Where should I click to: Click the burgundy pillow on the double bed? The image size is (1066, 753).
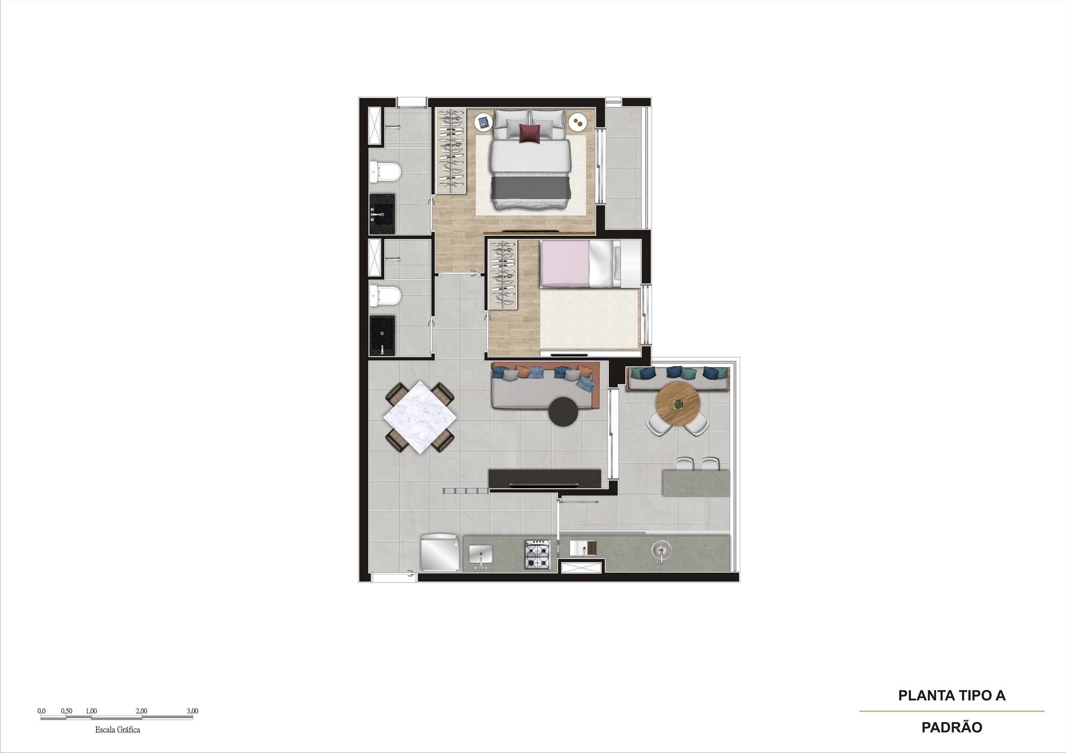pyautogui.click(x=529, y=133)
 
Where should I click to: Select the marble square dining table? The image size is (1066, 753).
pyautogui.click(x=420, y=416)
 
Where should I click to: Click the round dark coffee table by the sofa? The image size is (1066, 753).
pyautogui.click(x=564, y=411)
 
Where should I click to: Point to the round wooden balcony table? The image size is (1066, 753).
pyautogui.click(x=678, y=404)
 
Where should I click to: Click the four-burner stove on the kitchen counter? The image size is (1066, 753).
pyautogui.click(x=537, y=554)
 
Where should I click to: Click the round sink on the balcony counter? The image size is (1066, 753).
pyautogui.click(x=661, y=550)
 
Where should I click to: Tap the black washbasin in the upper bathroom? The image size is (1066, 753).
pyautogui.click(x=382, y=214)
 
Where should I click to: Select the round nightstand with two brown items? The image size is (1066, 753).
pyautogui.click(x=578, y=122)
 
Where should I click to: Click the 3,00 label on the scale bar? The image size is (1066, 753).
pyautogui.click(x=192, y=711)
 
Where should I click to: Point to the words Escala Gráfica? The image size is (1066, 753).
pyautogui.click(x=117, y=729)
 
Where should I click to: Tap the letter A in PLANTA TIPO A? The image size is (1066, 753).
pyautogui.click(x=1000, y=695)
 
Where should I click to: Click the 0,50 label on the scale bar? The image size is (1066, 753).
pyautogui.click(x=67, y=711)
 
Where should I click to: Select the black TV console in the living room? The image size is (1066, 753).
pyautogui.click(x=545, y=478)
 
